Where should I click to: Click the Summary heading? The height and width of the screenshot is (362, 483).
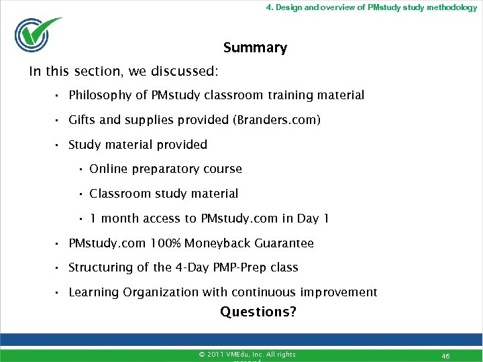click(x=255, y=48)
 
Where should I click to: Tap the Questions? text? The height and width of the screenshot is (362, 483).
click(x=258, y=312)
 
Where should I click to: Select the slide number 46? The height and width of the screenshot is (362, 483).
click(x=445, y=356)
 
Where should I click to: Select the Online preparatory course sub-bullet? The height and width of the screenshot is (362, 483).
click(x=165, y=169)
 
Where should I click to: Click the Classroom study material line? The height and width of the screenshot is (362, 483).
click(x=164, y=194)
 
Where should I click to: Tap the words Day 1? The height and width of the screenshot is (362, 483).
click(x=313, y=219)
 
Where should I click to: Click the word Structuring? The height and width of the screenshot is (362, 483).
click(x=100, y=267)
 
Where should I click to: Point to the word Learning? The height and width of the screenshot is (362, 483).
click(x=93, y=292)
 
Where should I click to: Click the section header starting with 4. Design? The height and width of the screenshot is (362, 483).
click(x=371, y=7)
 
